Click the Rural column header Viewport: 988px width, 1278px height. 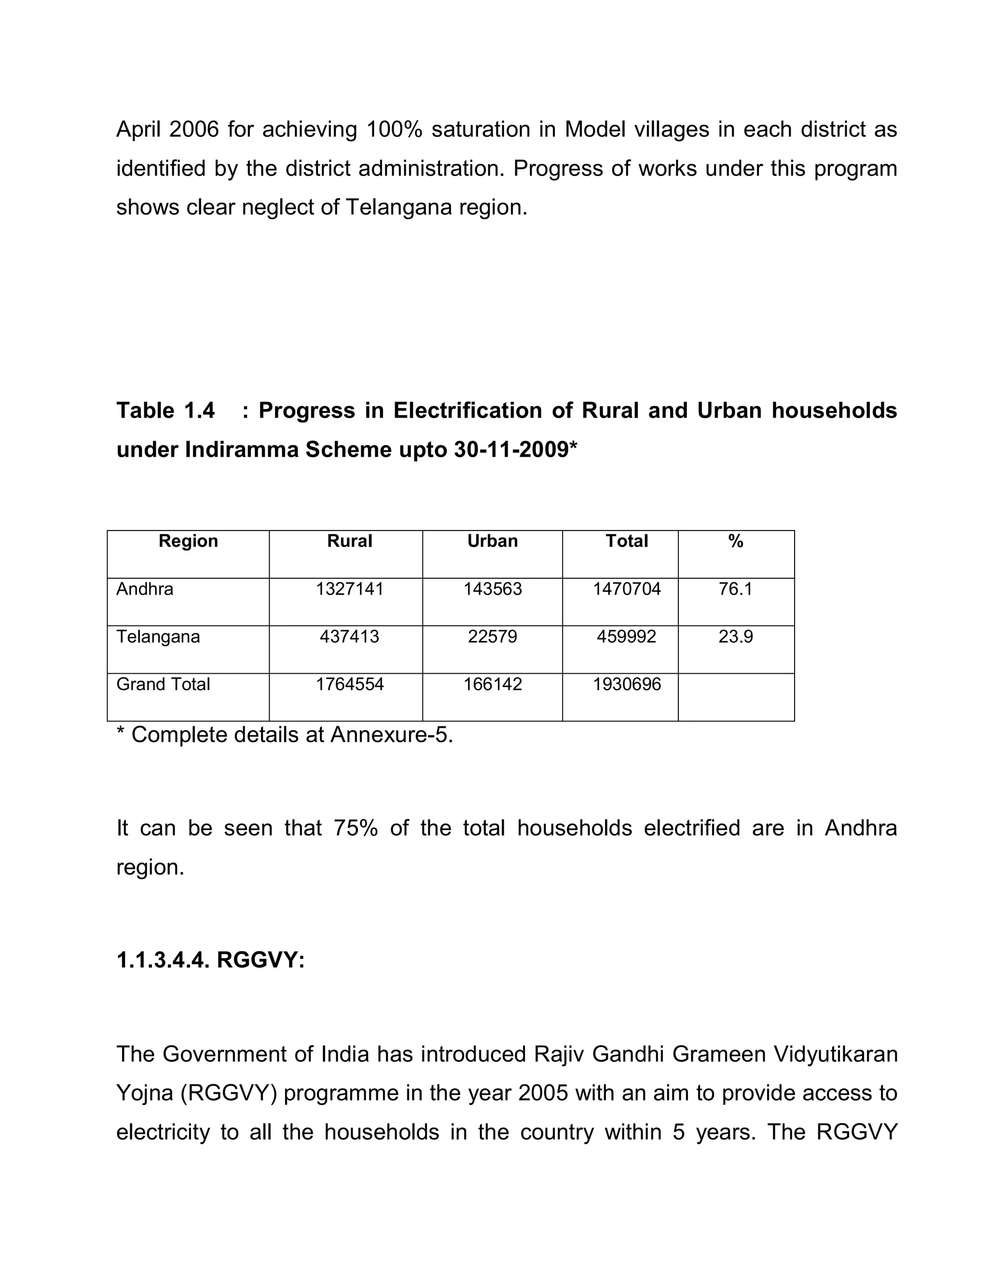[349, 541]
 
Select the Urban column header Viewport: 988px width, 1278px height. [492, 541]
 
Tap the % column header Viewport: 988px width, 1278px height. [736, 541]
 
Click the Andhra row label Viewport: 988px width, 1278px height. [145, 589]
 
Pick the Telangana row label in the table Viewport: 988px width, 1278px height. [158, 637]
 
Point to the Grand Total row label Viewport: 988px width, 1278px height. [163, 684]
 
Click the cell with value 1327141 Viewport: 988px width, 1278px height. [349, 589]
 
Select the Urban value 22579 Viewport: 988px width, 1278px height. [492, 637]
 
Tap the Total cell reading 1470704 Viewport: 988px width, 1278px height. [626, 589]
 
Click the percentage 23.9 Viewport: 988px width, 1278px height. [736, 637]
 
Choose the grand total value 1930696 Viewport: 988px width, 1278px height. [626, 684]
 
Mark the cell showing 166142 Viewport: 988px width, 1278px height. [492, 684]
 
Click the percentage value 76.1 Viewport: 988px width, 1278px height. [736, 589]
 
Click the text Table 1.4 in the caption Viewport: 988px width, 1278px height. [165, 411]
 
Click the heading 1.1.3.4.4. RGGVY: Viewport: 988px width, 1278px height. [210, 960]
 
